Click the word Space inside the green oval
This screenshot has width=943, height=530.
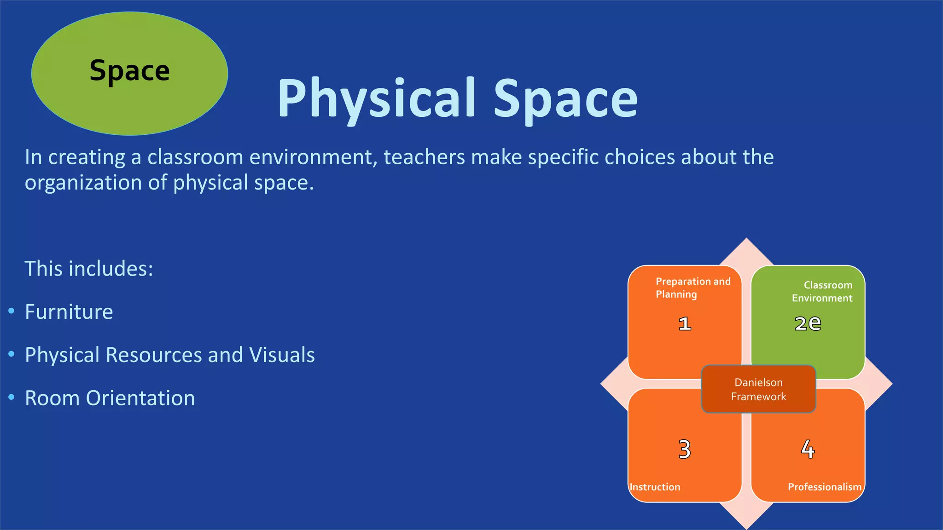click(129, 71)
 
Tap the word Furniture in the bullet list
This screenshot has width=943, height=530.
click(69, 312)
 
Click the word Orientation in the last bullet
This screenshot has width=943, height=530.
click(140, 398)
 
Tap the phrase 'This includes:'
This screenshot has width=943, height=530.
click(89, 269)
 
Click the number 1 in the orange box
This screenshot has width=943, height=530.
click(685, 324)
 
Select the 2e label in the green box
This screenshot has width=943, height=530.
click(808, 323)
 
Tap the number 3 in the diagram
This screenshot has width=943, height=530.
click(685, 449)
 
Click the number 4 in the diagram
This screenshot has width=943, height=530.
click(808, 449)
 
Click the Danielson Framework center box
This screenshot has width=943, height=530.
click(758, 389)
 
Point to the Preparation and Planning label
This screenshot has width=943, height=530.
click(693, 288)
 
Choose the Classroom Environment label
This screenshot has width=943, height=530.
click(822, 291)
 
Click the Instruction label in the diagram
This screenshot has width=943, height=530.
click(655, 487)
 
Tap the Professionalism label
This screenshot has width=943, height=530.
click(824, 487)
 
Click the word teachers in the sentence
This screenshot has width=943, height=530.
click(424, 157)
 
